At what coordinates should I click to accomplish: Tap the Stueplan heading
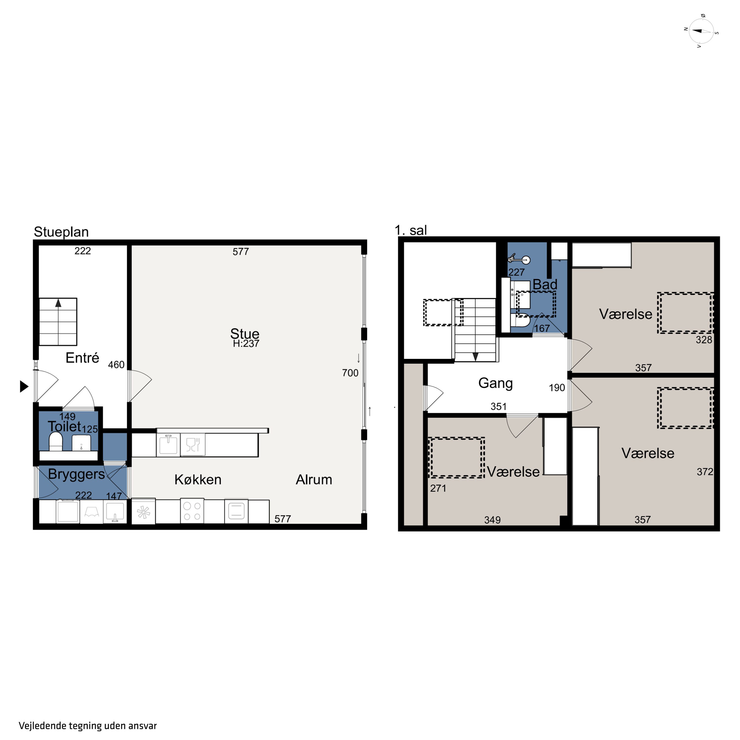[x=61, y=232]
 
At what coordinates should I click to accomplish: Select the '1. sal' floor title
[x=411, y=230]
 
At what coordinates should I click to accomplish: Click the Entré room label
[x=82, y=358]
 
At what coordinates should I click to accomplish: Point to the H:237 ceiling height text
[x=246, y=344]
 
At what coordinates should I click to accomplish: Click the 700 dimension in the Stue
[x=350, y=373]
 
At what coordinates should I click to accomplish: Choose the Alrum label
[x=314, y=480]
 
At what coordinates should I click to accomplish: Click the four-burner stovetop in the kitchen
[x=192, y=511]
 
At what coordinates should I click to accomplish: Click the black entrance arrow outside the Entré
[x=24, y=387]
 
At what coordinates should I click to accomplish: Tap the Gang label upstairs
[x=495, y=383]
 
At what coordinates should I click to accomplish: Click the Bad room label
[x=545, y=285]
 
